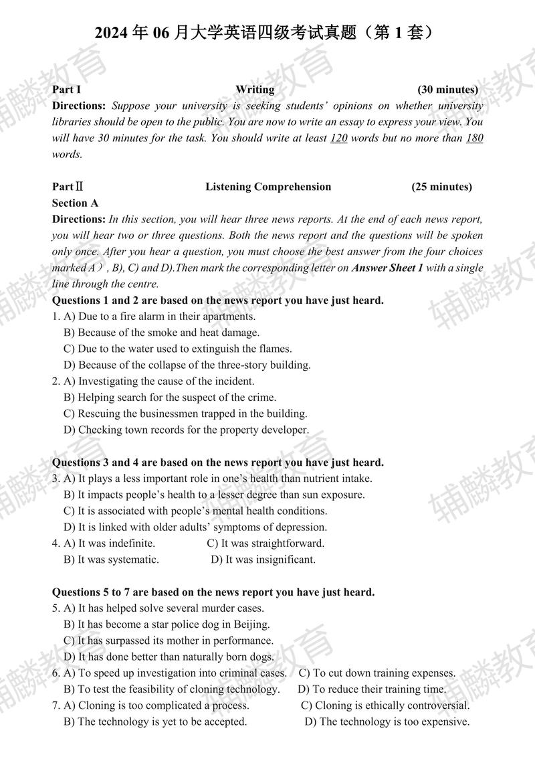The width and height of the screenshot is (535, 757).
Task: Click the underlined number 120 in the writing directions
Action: pos(338,139)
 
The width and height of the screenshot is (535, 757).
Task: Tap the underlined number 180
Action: pos(474,139)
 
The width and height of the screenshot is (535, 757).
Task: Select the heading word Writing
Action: pos(255,89)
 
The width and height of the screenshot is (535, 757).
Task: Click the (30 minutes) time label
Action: pos(447,89)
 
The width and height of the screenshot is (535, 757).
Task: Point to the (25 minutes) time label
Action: pos(441,187)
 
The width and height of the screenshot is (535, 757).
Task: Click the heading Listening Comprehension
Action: pos(268,187)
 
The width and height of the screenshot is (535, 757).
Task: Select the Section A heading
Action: pos(75,203)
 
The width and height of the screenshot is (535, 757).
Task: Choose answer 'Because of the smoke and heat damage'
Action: pos(161,332)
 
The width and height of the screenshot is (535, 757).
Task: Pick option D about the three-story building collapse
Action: pos(187,365)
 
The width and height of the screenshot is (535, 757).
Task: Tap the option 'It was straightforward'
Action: pos(265,543)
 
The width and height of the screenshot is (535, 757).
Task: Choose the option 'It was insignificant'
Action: pos(263,560)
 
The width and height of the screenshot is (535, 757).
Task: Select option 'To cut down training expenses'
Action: pos(377,673)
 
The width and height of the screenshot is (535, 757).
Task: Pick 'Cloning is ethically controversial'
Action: pos(385,705)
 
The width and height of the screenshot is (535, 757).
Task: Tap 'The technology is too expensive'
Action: pos(387,722)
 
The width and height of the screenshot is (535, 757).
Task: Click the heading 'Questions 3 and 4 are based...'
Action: pos(218,462)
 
